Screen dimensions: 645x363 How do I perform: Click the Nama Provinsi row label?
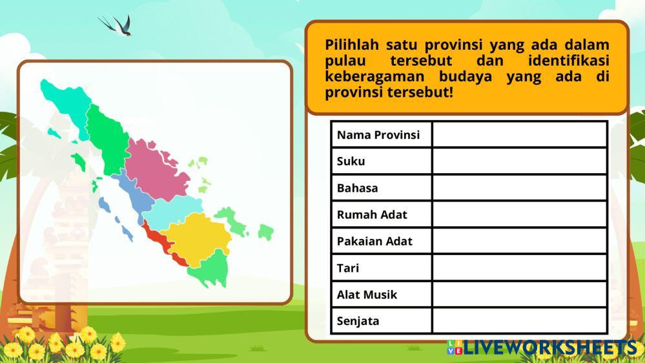click(x=378, y=135)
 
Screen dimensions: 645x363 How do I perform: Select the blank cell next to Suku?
click(x=520, y=161)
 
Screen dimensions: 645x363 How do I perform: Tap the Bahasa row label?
click(x=357, y=188)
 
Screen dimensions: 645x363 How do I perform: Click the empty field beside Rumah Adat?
click(x=520, y=214)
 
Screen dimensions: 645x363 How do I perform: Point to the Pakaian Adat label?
click(x=374, y=241)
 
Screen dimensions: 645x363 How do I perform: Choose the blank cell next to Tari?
click(x=520, y=268)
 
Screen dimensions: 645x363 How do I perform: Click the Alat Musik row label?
click(x=367, y=295)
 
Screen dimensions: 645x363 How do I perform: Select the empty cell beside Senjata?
click(x=520, y=320)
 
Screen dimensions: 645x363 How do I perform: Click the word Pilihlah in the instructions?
click(x=352, y=45)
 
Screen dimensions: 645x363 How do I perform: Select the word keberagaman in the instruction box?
click(x=374, y=77)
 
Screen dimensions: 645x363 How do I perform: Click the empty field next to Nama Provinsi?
click(x=520, y=134)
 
